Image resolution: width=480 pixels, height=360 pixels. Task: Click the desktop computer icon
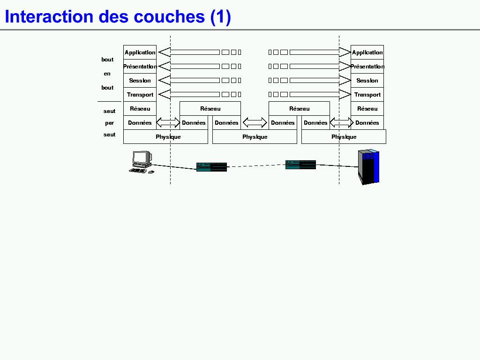tap(141, 162)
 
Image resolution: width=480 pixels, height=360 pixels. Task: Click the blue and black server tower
tap(368, 166)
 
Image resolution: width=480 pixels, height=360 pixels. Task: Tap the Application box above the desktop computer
tap(140, 52)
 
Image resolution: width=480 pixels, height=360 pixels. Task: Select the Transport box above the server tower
tap(367, 95)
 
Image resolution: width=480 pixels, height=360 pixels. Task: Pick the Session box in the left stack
tap(140, 81)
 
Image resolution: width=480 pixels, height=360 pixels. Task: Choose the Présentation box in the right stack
tap(367, 67)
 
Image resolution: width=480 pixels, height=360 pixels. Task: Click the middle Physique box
tap(255, 137)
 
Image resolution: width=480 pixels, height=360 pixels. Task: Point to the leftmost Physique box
tap(165, 137)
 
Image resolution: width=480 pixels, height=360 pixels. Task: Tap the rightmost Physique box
tap(344, 137)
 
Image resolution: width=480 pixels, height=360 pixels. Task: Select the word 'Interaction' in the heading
tap(49, 17)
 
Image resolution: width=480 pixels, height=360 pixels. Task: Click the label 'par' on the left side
tap(109, 123)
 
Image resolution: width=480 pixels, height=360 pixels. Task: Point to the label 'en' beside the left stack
tap(107, 74)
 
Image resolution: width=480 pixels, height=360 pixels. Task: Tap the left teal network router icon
tap(211, 167)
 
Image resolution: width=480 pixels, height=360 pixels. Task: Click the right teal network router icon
tap(300, 165)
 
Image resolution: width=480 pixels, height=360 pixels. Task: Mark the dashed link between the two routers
tap(256, 165)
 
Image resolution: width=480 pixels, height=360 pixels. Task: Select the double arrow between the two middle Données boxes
tap(255, 123)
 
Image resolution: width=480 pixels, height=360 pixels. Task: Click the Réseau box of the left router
tap(210, 109)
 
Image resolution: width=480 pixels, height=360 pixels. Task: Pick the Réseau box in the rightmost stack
tap(367, 109)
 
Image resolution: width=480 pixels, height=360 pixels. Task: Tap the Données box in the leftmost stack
tap(140, 123)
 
